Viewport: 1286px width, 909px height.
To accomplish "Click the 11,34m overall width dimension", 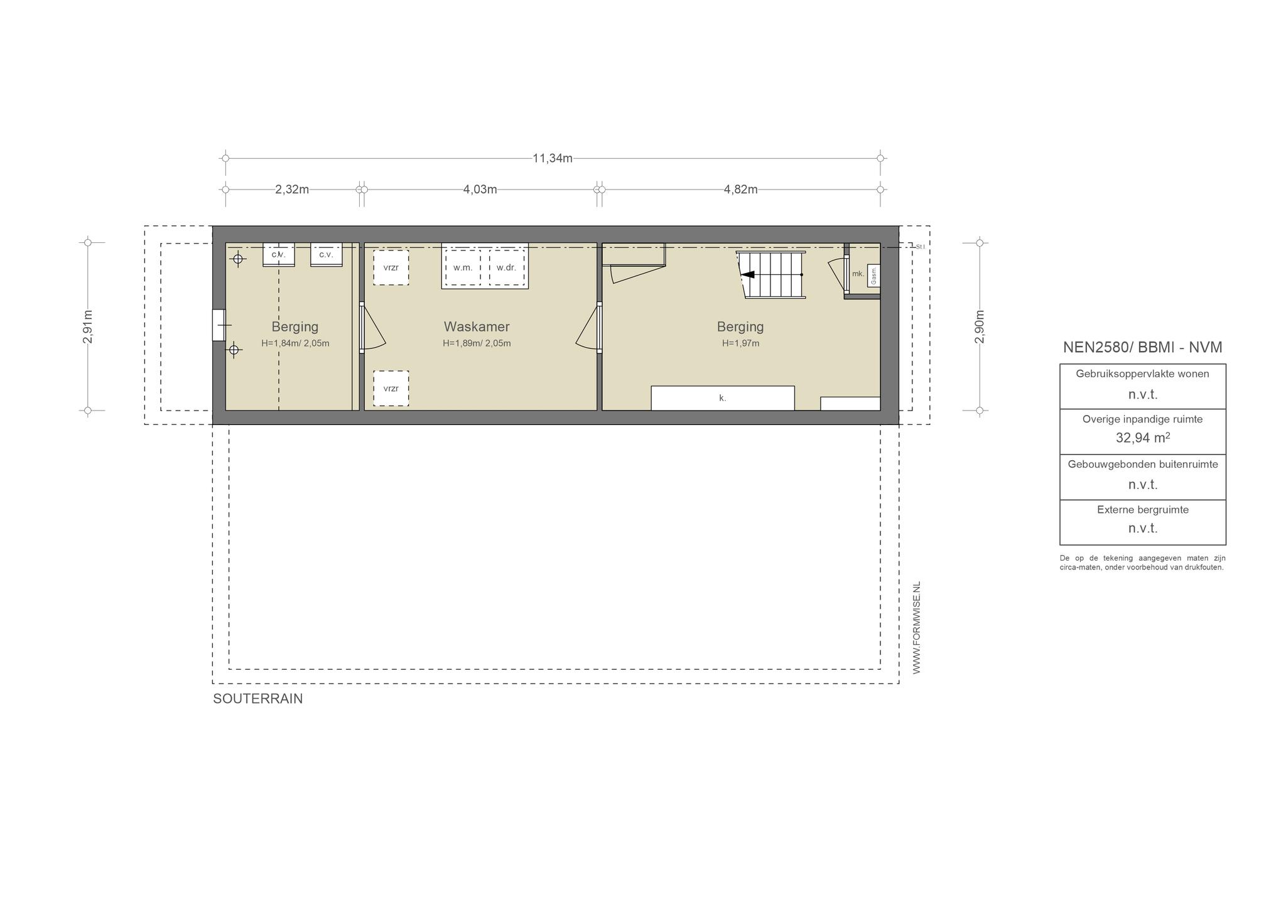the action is pyautogui.click(x=553, y=158).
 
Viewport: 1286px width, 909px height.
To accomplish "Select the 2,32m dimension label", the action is pyautogui.click(x=292, y=190).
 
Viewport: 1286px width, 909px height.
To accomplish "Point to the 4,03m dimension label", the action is pyautogui.click(x=480, y=190).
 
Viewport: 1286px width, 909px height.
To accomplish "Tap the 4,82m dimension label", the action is pyautogui.click(x=741, y=190).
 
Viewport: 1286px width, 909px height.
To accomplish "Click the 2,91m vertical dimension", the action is pyautogui.click(x=88, y=327).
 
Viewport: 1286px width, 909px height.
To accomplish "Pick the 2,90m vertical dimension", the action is pyautogui.click(x=980, y=327).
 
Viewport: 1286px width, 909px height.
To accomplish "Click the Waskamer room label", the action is pyautogui.click(x=477, y=326).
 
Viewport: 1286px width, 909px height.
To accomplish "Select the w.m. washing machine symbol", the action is pyautogui.click(x=463, y=267).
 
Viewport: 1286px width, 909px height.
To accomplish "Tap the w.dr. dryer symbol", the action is pyautogui.click(x=506, y=267).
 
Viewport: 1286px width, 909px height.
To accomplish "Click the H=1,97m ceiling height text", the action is pyautogui.click(x=741, y=343).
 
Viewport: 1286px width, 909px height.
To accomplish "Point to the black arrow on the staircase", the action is pyautogui.click(x=748, y=274).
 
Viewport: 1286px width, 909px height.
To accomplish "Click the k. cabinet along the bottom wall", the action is pyautogui.click(x=723, y=398).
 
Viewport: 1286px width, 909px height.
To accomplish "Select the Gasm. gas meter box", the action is pyautogui.click(x=873, y=276).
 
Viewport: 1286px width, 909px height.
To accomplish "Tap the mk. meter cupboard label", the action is pyautogui.click(x=858, y=274).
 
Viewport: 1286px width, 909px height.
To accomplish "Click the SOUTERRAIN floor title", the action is pyautogui.click(x=258, y=699).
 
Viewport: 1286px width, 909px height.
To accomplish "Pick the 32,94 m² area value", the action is pyautogui.click(x=1143, y=438).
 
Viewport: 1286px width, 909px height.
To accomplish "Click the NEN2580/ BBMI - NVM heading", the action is pyautogui.click(x=1143, y=347).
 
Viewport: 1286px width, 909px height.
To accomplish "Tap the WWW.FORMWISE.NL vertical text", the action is pyautogui.click(x=917, y=628).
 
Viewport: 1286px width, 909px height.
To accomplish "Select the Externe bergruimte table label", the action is pyautogui.click(x=1143, y=510).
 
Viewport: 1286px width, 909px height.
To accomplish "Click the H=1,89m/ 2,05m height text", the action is pyautogui.click(x=477, y=343).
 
